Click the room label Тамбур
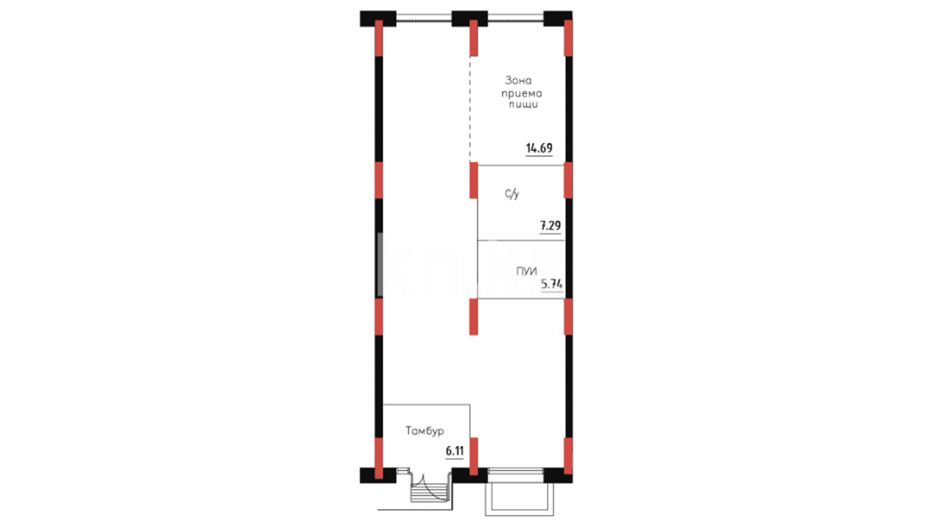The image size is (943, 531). (425, 431)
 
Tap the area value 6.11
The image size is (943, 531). (454, 451)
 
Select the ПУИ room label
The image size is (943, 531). (527, 271)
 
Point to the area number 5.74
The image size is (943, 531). (552, 284)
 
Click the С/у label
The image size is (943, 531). (512, 194)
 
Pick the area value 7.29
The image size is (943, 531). (551, 226)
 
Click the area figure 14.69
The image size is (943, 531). (539, 148)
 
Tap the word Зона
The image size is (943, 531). (519, 80)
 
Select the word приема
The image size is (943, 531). (522, 93)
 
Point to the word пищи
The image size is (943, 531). (524, 105)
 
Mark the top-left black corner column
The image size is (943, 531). (378, 19)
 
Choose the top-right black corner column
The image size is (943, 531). (558, 19)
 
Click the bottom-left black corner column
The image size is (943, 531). (378, 475)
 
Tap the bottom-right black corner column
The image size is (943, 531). (558, 475)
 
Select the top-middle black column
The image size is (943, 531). (470, 19)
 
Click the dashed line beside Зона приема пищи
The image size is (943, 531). (470, 109)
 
